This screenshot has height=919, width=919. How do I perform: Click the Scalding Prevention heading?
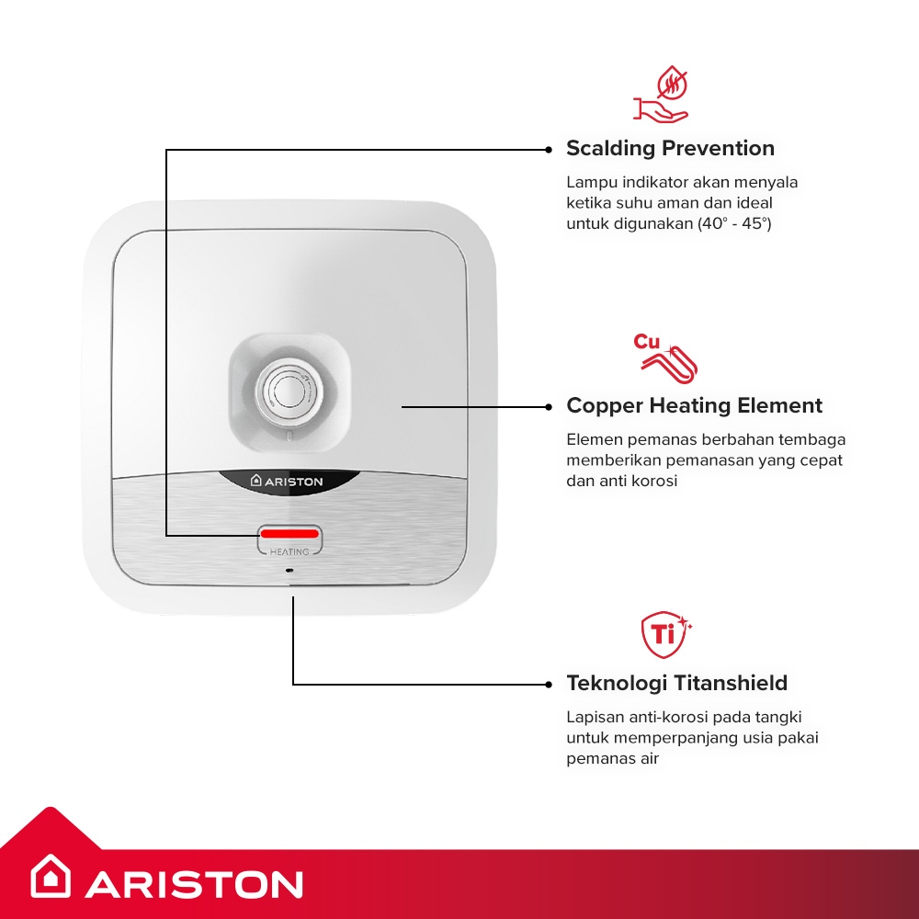click(x=670, y=148)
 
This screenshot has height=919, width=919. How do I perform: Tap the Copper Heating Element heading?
click(x=694, y=405)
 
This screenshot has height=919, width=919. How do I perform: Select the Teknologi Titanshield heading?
click(x=677, y=684)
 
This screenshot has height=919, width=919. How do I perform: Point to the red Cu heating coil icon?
click(x=665, y=357)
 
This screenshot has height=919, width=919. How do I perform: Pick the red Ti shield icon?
click(x=665, y=635)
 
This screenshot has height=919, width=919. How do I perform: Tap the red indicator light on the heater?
click(x=289, y=533)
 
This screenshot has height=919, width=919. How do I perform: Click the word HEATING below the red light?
click(x=289, y=551)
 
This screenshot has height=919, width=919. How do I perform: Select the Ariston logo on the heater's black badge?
click(x=287, y=482)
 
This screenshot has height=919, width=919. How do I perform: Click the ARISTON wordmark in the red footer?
click(x=194, y=884)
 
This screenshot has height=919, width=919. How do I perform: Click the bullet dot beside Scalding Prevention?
click(x=549, y=150)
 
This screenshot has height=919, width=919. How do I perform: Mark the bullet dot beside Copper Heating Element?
click(x=549, y=407)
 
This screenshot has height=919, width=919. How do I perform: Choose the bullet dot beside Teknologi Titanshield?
click(x=549, y=684)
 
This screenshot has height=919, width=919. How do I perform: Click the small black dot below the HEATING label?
click(x=289, y=570)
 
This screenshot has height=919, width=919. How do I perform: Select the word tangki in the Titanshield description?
click(x=778, y=718)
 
